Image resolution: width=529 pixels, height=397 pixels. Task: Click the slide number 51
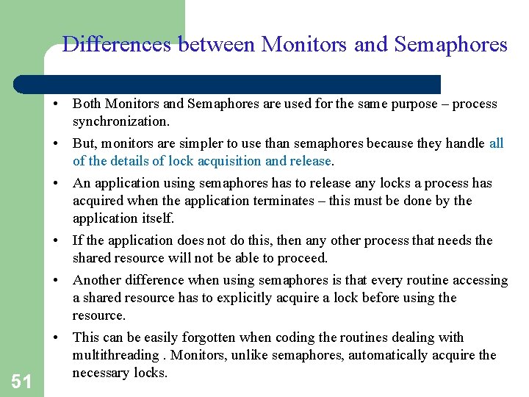pyautogui.click(x=21, y=381)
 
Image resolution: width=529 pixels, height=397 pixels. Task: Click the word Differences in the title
pyautogui.click(x=116, y=45)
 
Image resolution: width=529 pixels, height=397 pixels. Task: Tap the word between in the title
pyautogui.click(x=215, y=45)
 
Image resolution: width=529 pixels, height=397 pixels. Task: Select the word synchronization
pyautogui.click(x=120, y=121)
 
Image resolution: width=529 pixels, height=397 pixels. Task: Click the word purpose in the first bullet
pyautogui.click(x=411, y=104)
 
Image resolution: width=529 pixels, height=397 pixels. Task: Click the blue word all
pyautogui.click(x=496, y=143)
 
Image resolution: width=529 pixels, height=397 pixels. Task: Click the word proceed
pyautogui.click(x=302, y=258)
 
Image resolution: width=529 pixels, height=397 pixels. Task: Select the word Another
pyautogui.click(x=98, y=280)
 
